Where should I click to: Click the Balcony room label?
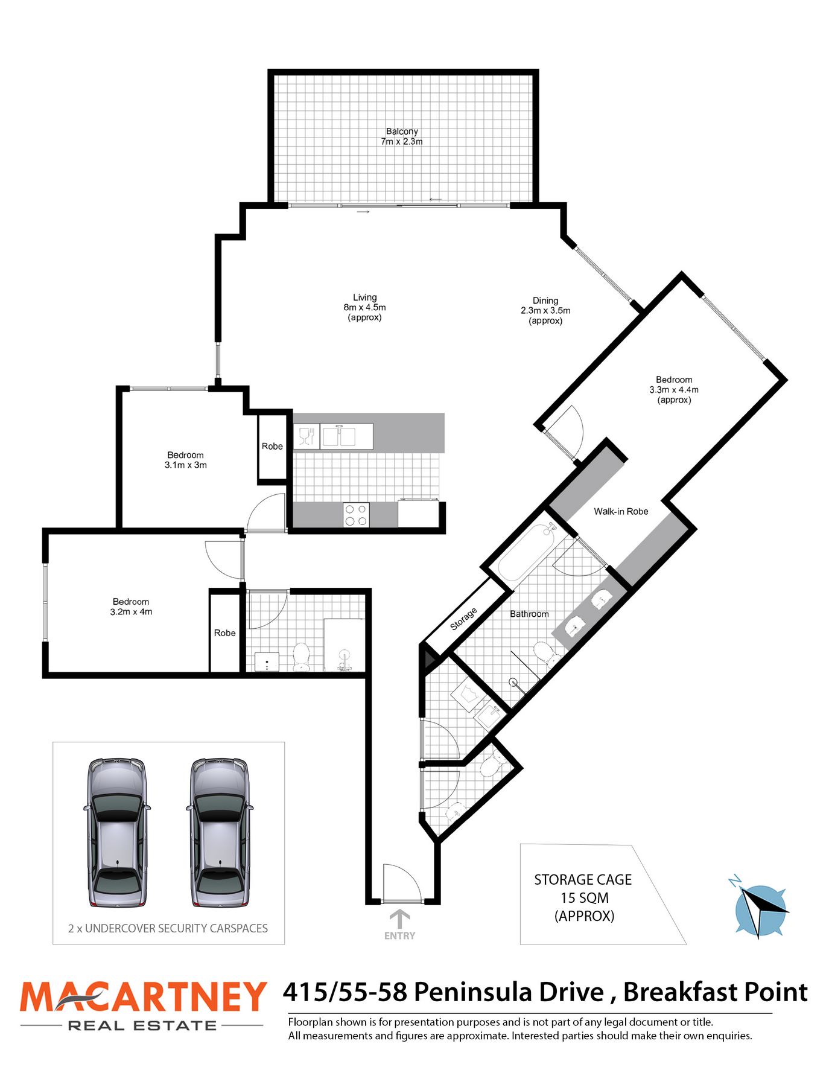point(402,132)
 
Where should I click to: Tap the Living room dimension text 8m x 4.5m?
point(364,307)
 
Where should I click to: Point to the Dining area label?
point(545,301)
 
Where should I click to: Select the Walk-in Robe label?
point(621,511)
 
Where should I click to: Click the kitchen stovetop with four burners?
point(356,515)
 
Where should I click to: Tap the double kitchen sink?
point(338,436)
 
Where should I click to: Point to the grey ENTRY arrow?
point(399,919)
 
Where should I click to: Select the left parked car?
point(117,832)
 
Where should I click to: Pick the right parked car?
point(220,832)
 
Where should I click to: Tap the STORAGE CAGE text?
point(583,880)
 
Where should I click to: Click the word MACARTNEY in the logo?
point(143,997)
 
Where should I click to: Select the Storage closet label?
point(463,619)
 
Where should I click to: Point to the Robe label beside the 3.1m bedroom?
point(272,447)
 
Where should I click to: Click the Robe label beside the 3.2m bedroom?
point(224,633)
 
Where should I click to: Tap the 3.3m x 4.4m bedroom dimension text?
point(674,390)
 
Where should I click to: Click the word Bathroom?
point(529,614)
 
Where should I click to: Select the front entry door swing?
point(402,882)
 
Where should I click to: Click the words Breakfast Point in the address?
point(715,993)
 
